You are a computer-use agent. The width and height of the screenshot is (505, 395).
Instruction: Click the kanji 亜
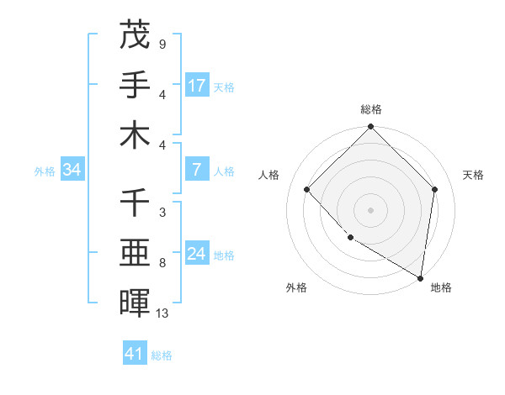pyautogui.click(x=135, y=254)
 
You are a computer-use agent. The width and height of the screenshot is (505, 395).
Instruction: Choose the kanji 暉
pyautogui.click(x=135, y=304)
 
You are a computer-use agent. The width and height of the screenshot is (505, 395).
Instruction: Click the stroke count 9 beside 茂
pyautogui.click(x=162, y=44)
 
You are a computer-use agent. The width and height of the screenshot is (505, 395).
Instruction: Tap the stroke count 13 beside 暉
pyautogui.click(x=163, y=313)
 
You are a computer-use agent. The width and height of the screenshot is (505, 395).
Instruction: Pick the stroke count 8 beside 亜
pyautogui.click(x=162, y=263)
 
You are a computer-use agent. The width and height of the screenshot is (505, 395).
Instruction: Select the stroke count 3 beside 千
pyautogui.click(x=162, y=213)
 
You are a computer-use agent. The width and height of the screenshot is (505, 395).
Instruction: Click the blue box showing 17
pyautogui.click(x=197, y=86)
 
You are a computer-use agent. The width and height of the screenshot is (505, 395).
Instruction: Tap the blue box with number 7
pyautogui.click(x=196, y=170)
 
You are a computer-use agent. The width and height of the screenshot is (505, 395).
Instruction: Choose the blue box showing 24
pyautogui.click(x=197, y=255)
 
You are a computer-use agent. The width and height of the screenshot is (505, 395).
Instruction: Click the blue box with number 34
pyautogui.click(x=72, y=171)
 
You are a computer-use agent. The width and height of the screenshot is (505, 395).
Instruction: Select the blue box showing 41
pyautogui.click(x=135, y=354)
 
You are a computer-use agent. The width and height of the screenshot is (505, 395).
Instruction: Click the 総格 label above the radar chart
pyautogui.click(x=371, y=109)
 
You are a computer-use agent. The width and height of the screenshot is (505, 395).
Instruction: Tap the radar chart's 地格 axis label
pyautogui.click(x=441, y=287)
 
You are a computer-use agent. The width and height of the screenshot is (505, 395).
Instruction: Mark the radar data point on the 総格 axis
pyautogui.click(x=370, y=128)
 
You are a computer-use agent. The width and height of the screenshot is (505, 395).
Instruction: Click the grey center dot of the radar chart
pyautogui.click(x=370, y=210)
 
